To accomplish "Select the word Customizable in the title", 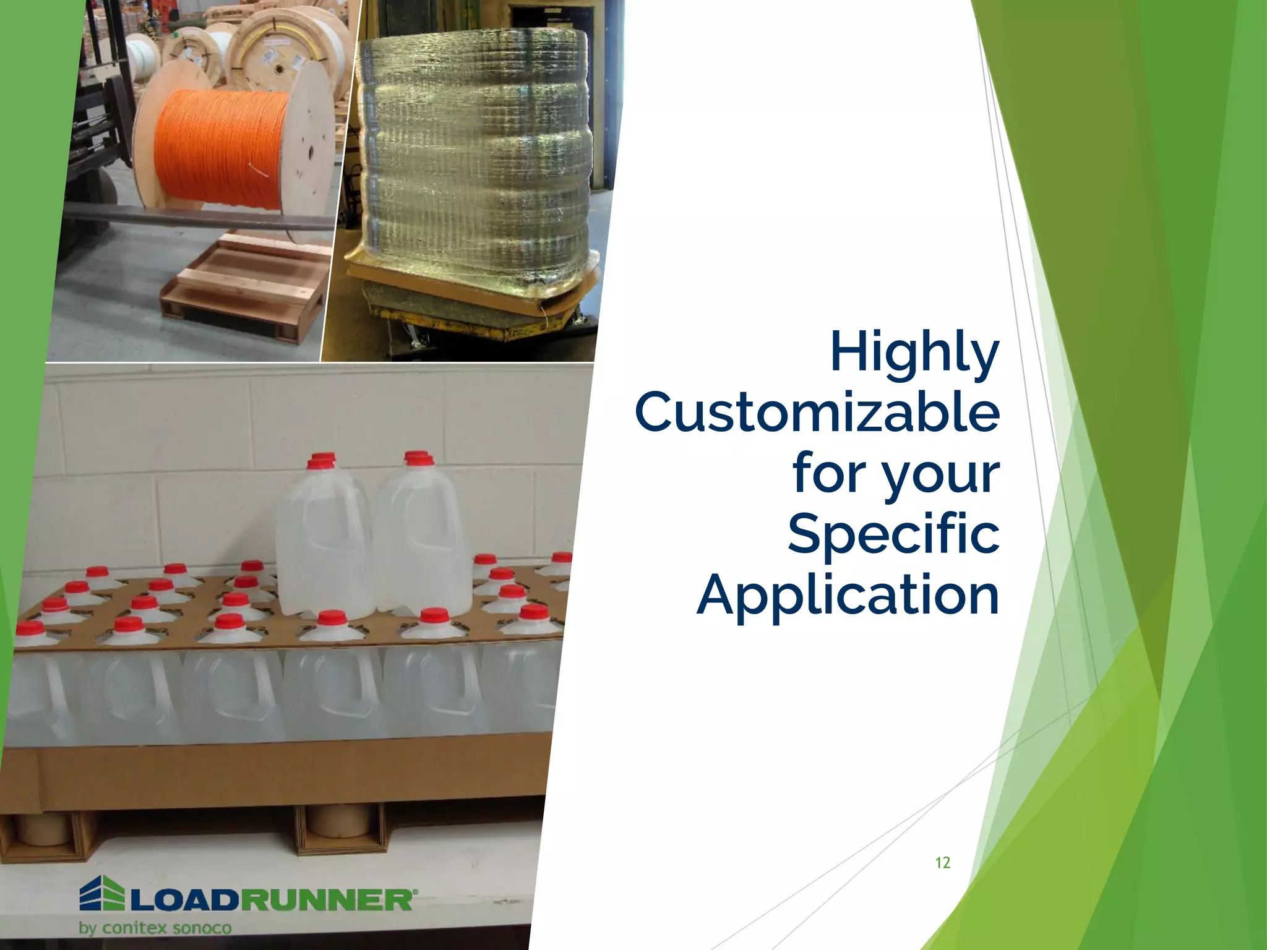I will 817,413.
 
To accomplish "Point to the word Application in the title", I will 848,594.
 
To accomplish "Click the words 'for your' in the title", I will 895,474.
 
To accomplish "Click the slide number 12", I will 942,863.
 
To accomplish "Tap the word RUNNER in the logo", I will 325,901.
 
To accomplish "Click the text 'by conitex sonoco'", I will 155,928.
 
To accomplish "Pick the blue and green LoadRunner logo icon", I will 101,893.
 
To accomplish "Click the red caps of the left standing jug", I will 321,461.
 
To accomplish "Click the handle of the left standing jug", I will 328,532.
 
